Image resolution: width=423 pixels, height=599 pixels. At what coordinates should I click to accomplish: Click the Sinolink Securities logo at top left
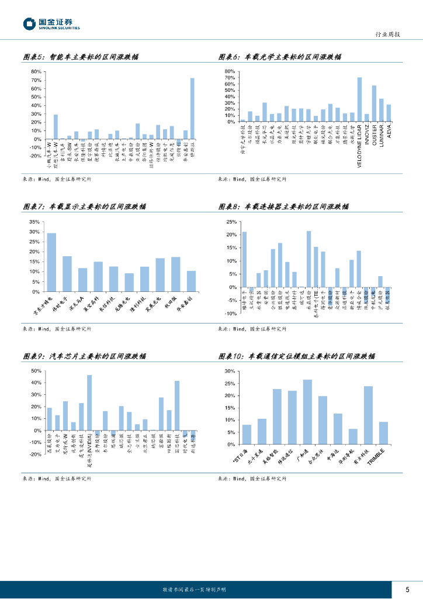tap(51, 24)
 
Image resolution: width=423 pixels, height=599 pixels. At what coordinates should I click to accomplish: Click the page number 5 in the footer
tap(407, 588)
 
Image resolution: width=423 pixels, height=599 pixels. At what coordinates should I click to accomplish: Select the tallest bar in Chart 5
tap(192, 108)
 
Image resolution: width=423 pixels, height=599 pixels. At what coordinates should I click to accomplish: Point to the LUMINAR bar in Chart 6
tap(382, 110)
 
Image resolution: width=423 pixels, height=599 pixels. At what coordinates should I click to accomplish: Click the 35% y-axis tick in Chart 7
tap(34, 222)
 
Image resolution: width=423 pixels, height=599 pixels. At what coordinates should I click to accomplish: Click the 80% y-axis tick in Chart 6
tap(230, 71)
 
